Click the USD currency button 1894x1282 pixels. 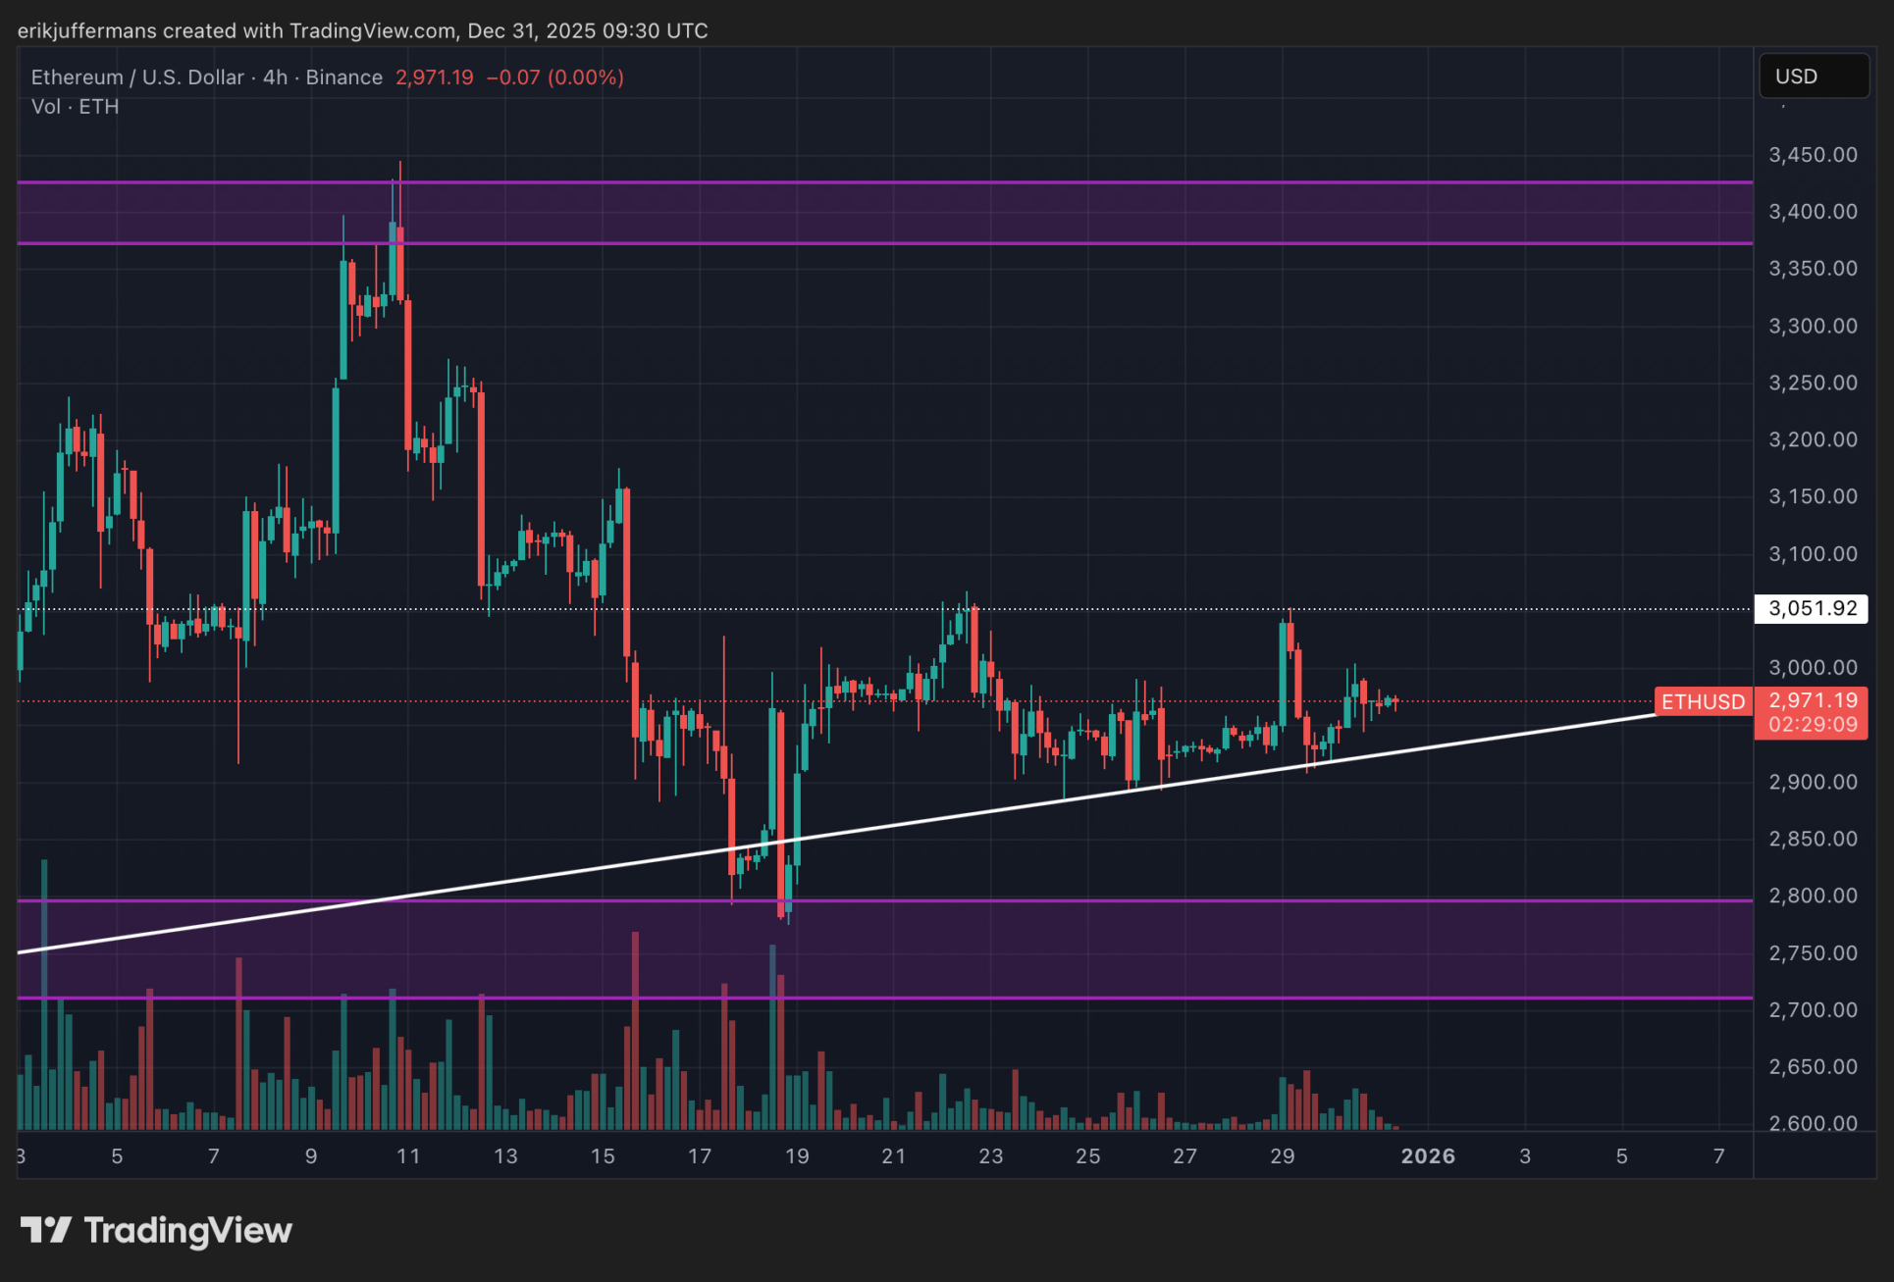(1814, 77)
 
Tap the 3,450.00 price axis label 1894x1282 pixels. (1813, 155)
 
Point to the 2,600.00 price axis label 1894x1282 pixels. (1813, 1123)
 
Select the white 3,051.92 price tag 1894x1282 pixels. (1812, 608)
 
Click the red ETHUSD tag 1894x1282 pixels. (1703, 701)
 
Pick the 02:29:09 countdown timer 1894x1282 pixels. (1812, 725)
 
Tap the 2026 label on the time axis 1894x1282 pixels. (1427, 1155)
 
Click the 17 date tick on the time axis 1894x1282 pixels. (699, 1155)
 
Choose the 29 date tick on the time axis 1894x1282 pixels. (1282, 1155)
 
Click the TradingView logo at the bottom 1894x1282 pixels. (157, 1230)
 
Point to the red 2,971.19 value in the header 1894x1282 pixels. (434, 77)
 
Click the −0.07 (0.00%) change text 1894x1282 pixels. (555, 77)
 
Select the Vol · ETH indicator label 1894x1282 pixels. (75, 107)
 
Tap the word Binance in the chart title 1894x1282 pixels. (343, 77)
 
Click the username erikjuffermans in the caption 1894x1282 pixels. (86, 30)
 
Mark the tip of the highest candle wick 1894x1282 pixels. (399, 162)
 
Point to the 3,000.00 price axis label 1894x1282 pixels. (1813, 668)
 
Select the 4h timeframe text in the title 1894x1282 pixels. (275, 77)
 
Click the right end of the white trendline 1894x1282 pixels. (1655, 714)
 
